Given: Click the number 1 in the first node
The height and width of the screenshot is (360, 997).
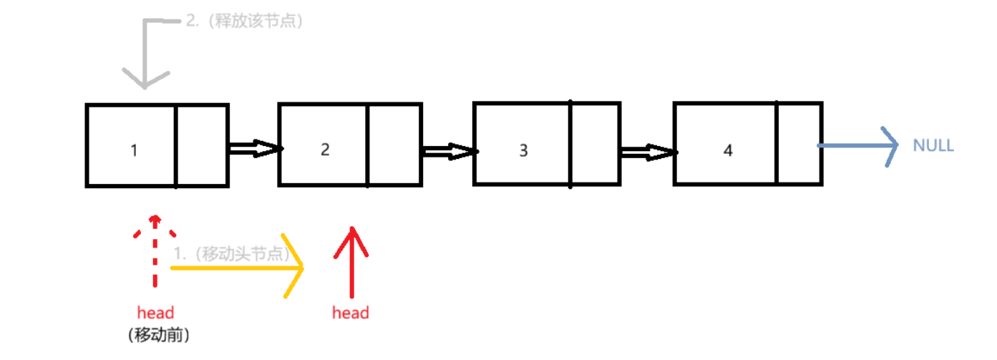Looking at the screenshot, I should [x=134, y=150].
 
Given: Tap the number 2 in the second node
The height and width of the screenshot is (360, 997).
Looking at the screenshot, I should [x=326, y=150].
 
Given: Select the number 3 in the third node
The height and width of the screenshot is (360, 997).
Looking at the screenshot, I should [x=523, y=150].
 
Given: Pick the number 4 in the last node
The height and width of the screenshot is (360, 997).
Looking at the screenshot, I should [x=728, y=150].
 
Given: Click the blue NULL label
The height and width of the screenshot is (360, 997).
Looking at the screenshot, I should [x=933, y=146].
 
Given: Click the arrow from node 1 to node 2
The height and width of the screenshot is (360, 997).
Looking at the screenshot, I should [x=253, y=149].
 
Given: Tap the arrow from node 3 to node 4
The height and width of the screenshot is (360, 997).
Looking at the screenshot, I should [x=647, y=151].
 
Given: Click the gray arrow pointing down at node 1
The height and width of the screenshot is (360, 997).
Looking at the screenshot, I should [x=145, y=57].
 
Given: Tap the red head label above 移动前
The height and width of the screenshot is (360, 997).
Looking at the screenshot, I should [x=155, y=313].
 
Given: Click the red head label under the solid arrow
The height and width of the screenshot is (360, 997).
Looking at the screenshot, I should [x=351, y=313].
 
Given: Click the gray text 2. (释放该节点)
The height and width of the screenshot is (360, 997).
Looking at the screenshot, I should [x=244, y=21].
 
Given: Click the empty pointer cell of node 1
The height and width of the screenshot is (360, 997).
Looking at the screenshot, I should [x=202, y=145].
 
